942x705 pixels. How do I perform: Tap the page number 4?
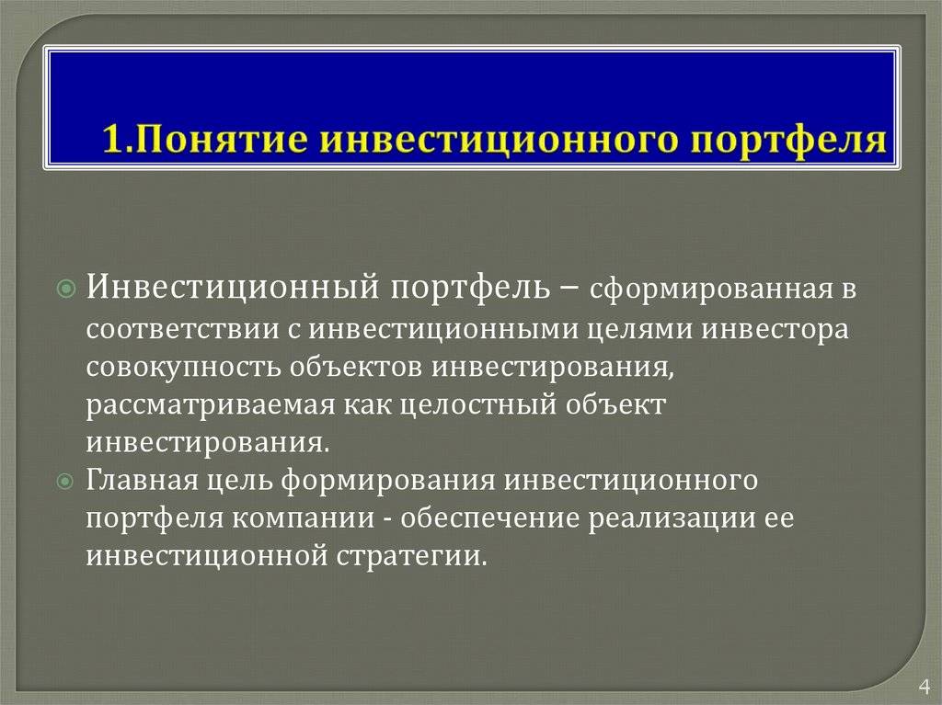coord(924,686)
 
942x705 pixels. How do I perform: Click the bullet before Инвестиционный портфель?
coord(66,290)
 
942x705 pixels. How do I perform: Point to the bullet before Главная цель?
coord(65,482)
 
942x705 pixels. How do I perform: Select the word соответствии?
coord(182,330)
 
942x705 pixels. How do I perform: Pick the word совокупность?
coord(183,368)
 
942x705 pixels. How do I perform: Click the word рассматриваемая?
coord(210,405)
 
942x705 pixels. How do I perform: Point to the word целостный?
coord(477,405)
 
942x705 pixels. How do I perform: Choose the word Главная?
coord(142,481)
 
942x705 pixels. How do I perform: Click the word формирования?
coord(388,482)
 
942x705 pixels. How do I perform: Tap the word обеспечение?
coord(489,518)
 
